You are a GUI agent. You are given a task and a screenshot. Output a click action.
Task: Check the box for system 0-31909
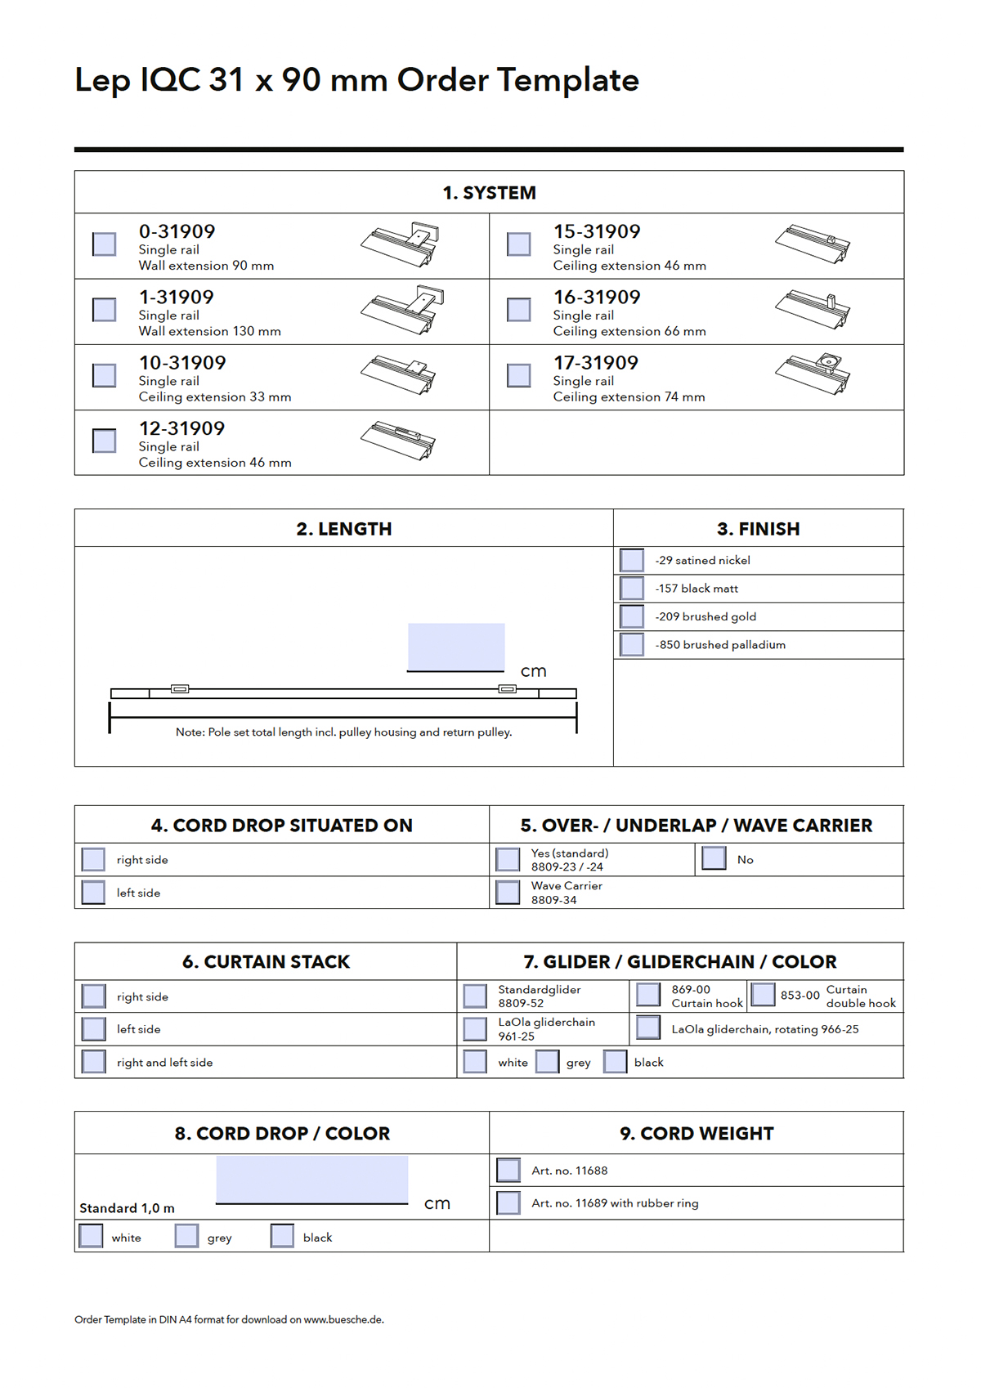click(x=105, y=244)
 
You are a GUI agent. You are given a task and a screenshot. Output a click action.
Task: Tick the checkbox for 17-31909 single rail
click(x=519, y=375)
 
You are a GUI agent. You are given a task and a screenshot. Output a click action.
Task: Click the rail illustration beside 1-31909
click(x=401, y=309)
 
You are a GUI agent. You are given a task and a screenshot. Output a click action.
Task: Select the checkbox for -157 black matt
click(x=632, y=589)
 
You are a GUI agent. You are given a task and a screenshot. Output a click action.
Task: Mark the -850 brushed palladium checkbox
click(x=632, y=645)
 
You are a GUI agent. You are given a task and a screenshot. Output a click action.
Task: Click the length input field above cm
click(x=456, y=647)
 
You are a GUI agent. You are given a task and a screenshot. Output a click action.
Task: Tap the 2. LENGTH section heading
click(x=344, y=529)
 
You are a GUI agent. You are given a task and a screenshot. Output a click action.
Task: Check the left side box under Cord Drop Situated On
click(x=94, y=893)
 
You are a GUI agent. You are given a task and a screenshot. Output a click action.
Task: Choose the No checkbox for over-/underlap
click(x=714, y=858)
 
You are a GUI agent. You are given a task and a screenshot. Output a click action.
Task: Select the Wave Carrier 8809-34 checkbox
click(x=508, y=893)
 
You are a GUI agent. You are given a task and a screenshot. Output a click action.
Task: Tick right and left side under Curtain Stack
click(x=94, y=1062)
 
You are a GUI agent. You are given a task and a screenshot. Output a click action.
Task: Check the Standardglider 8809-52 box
click(x=475, y=996)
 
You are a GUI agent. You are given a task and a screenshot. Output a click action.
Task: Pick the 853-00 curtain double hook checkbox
click(x=763, y=994)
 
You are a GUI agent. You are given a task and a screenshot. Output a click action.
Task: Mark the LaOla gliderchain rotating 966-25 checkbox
click(x=648, y=1028)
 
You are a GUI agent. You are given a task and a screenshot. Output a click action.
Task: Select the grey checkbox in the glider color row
click(x=548, y=1062)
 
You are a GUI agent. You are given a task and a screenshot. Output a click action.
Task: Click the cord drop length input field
click(x=312, y=1179)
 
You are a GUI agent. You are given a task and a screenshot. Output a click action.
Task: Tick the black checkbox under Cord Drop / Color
click(x=282, y=1236)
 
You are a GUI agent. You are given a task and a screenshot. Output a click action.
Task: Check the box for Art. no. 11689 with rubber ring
click(x=508, y=1203)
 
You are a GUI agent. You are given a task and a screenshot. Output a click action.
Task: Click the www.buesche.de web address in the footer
click(x=343, y=1319)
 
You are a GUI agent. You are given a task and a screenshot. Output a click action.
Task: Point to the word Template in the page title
click(x=568, y=80)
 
